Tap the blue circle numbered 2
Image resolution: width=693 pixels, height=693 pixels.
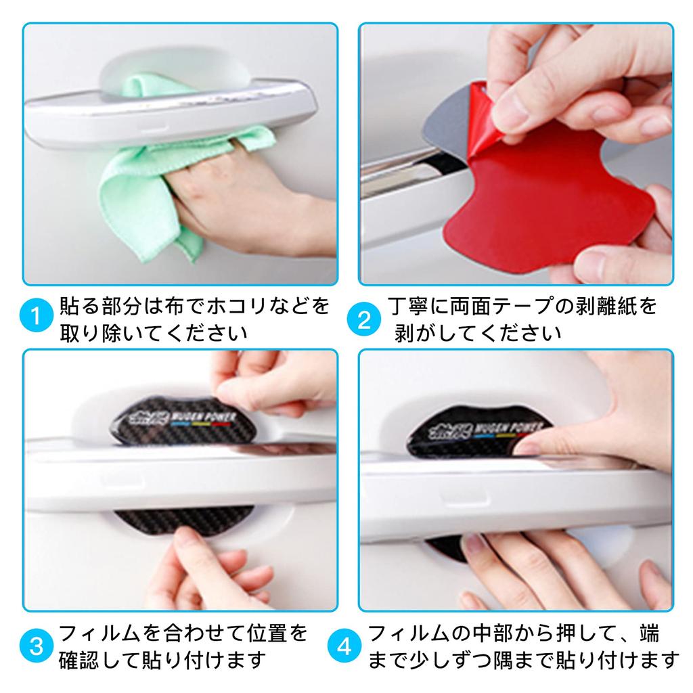pyautogui.click(x=364, y=319)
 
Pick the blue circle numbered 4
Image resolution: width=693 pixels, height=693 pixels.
pyautogui.click(x=344, y=647)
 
